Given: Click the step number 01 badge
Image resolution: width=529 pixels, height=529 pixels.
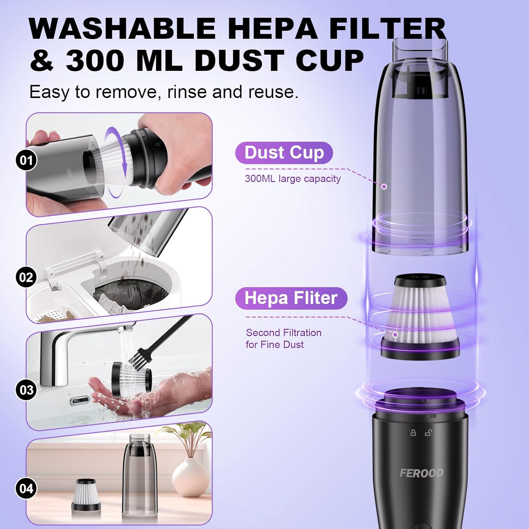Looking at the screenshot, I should coord(26,160).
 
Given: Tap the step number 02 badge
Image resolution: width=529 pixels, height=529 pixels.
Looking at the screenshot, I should coord(26,277).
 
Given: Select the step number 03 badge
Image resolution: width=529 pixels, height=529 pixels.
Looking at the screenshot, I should coord(26,390).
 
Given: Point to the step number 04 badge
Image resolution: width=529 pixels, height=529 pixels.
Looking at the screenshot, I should coord(26,488).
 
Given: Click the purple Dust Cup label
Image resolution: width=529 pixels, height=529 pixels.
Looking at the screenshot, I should coord(284,153).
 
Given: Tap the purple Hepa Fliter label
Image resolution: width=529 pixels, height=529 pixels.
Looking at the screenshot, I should coord(291,298).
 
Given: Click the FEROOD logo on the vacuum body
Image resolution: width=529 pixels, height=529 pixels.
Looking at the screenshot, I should coord(421,473).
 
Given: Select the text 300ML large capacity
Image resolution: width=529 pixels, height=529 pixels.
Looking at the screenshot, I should coord(293,179).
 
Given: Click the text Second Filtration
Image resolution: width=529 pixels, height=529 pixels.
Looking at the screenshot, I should coord(284,333).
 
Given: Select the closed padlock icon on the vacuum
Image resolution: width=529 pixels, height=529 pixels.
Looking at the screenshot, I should coord(413,432).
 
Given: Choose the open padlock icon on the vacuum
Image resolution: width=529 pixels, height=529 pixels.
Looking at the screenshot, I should coord(428,432).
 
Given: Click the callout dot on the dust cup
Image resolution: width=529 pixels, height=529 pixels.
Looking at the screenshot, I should coord(384,186).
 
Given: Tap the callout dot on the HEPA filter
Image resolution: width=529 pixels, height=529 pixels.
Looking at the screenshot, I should coord(395,334).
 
